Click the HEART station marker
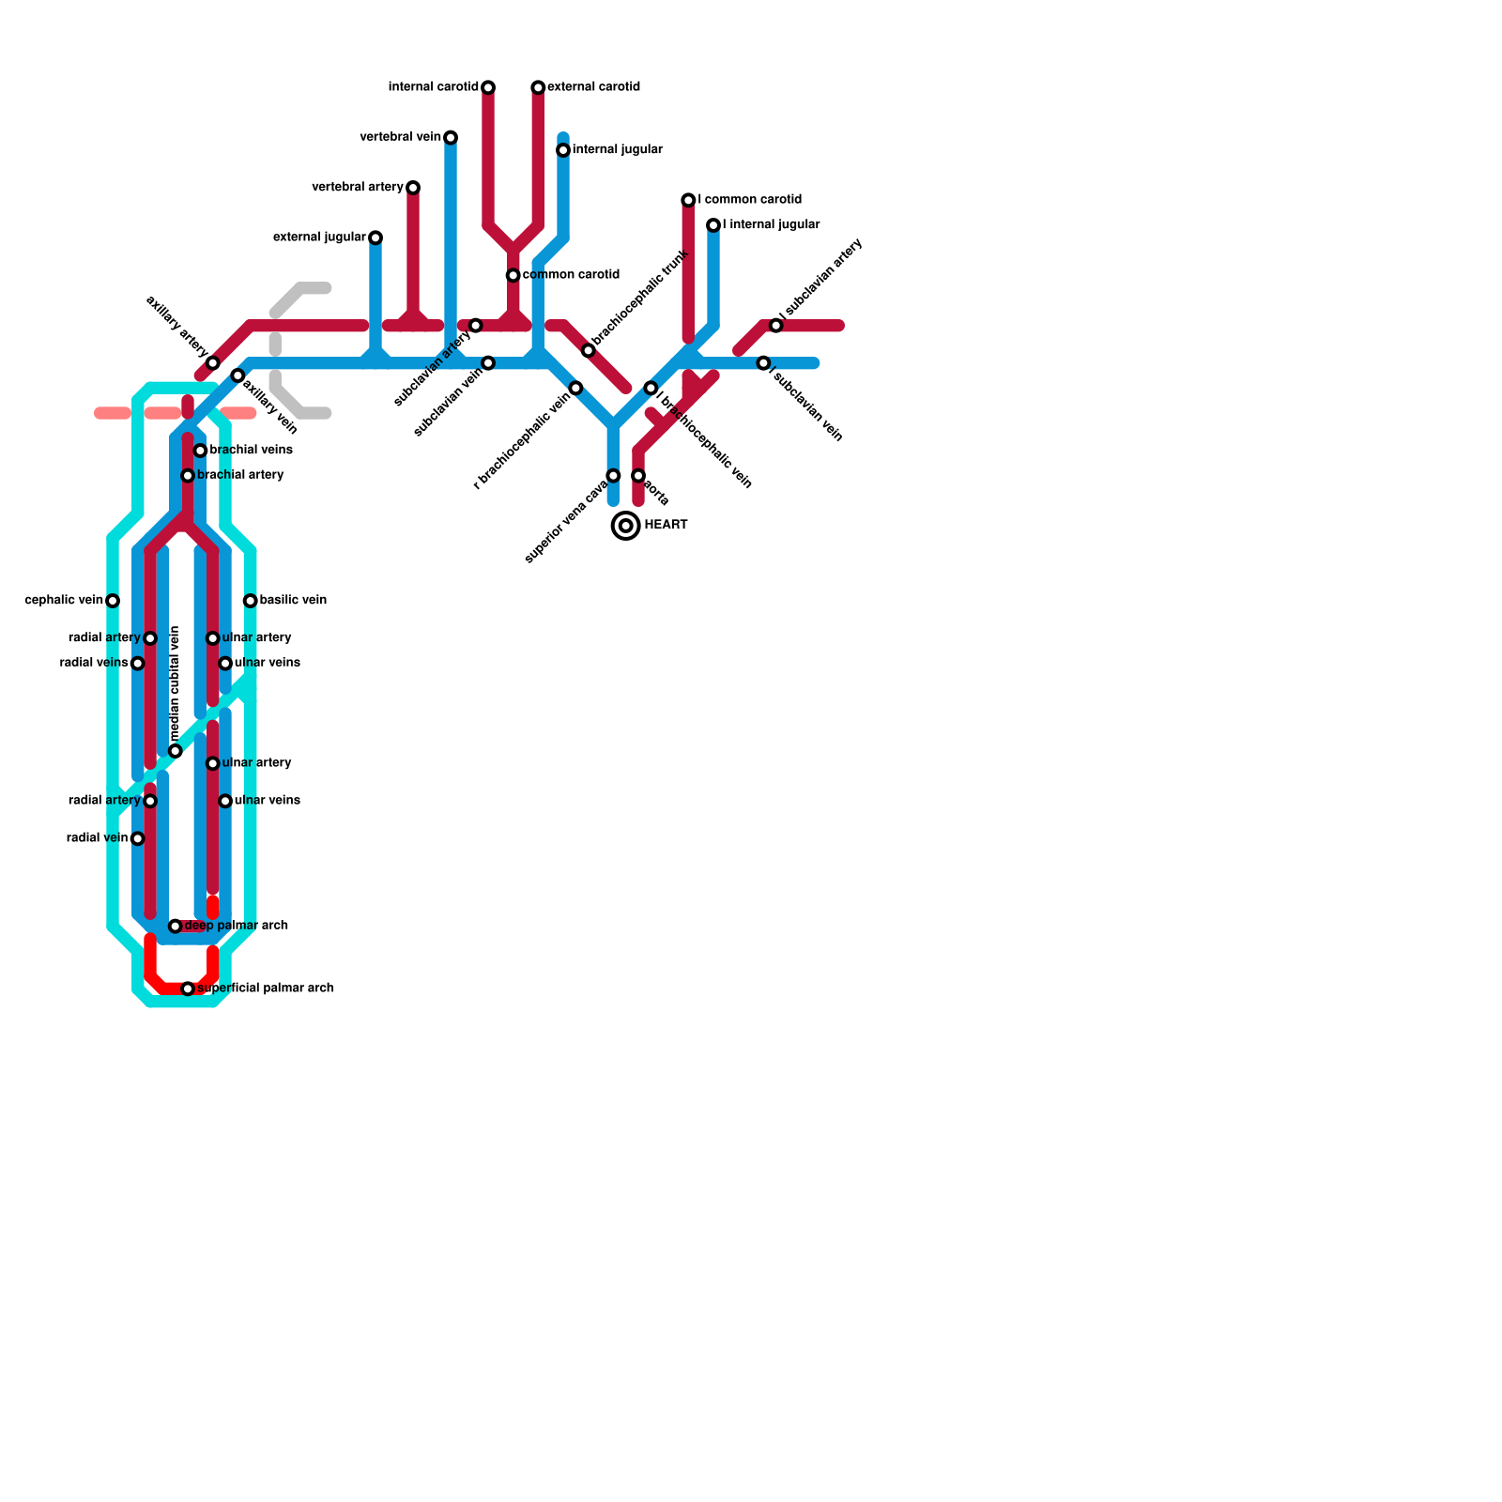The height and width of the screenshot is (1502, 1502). [625, 525]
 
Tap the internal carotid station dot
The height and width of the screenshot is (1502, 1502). [488, 87]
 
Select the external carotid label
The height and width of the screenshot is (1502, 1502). [593, 87]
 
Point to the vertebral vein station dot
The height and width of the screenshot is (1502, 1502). [451, 137]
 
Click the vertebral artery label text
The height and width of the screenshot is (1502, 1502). [357, 188]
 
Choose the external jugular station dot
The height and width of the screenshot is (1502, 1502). [375, 238]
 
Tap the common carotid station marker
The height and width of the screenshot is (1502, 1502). [513, 275]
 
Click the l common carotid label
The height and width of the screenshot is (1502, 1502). [749, 200]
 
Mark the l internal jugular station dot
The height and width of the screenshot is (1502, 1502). [713, 225]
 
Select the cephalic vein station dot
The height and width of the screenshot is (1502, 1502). [113, 601]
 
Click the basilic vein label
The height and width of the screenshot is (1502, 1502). [293, 601]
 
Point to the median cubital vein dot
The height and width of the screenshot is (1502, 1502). [176, 751]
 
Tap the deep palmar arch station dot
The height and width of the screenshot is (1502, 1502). [176, 927]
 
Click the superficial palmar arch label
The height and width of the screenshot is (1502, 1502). [266, 989]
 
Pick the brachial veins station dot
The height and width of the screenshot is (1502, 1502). [200, 451]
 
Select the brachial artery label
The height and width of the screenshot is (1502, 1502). [240, 476]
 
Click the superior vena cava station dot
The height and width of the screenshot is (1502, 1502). [613, 476]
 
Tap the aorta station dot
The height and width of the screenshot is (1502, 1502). [638, 476]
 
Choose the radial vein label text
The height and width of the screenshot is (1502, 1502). [97, 838]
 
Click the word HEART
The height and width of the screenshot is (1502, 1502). [666, 526]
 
